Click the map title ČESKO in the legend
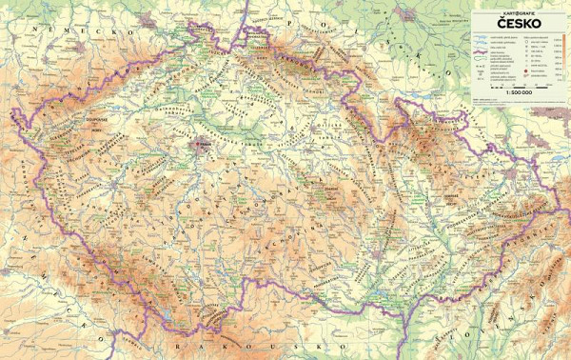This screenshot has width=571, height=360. [x=518, y=25]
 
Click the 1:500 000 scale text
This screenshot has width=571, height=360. [x=518, y=90]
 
